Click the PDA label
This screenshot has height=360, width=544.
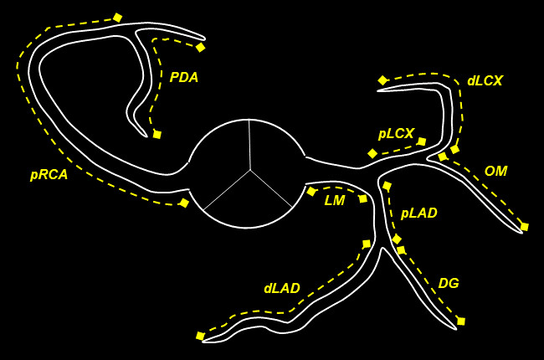point(184,77)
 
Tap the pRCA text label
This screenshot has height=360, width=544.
point(49,175)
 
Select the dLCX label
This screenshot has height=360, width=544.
point(485,81)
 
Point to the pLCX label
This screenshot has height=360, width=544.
point(396,133)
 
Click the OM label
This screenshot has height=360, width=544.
point(495,171)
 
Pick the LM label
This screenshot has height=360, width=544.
point(335,200)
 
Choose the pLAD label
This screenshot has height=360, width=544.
point(418,213)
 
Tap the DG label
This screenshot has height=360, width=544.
point(449,283)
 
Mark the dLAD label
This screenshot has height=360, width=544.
point(281,288)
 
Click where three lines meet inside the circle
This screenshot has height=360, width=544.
point(249,170)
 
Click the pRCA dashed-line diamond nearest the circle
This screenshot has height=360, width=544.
point(184,203)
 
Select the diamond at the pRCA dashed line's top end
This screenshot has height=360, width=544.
point(118,18)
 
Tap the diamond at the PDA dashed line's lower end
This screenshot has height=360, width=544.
point(157,134)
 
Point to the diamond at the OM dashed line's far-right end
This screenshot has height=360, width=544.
point(525,227)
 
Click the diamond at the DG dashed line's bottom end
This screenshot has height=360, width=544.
point(461,321)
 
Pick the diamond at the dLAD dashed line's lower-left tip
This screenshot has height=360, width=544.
point(200,336)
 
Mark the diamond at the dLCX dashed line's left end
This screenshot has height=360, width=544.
point(382,80)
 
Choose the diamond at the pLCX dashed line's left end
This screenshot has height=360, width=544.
point(372,153)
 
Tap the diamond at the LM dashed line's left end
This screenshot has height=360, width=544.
point(311,192)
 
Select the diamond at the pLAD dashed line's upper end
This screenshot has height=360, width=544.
point(387,186)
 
